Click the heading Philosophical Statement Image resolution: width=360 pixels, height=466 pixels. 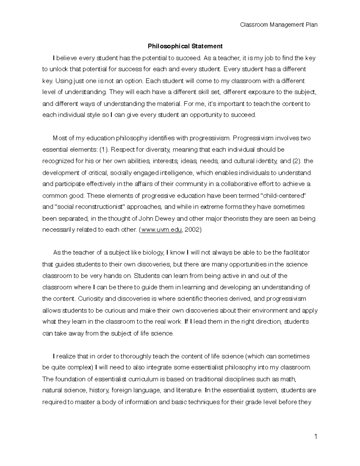(185, 46)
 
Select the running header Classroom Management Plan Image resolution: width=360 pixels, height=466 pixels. (279, 25)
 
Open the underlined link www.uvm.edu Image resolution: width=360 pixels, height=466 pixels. (161, 230)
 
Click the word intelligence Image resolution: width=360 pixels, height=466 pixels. (175, 173)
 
